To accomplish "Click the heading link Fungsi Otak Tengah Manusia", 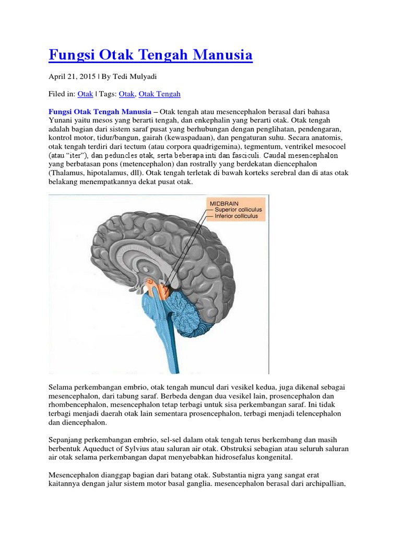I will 150,55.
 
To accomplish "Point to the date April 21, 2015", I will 72,76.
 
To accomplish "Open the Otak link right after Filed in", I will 85,94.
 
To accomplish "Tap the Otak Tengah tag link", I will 159,94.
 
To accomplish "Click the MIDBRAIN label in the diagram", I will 224,202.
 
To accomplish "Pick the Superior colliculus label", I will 239,209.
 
